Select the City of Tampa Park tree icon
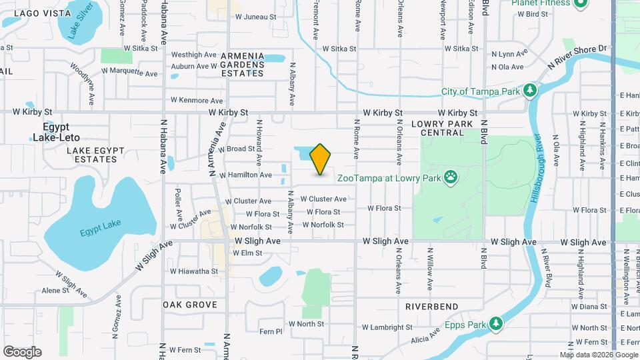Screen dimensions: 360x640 click(530, 90)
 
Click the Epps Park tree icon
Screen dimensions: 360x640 click(495, 324)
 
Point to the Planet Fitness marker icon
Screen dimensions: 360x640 click(580, 3)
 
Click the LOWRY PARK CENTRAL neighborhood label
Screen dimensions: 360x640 click(442, 128)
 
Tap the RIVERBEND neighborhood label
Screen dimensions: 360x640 click(432, 307)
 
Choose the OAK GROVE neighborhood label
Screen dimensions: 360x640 click(190, 305)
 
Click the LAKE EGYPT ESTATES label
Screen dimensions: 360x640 click(91, 155)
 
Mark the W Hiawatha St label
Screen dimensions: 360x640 click(193, 271)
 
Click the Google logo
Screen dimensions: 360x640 click(22, 351)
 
